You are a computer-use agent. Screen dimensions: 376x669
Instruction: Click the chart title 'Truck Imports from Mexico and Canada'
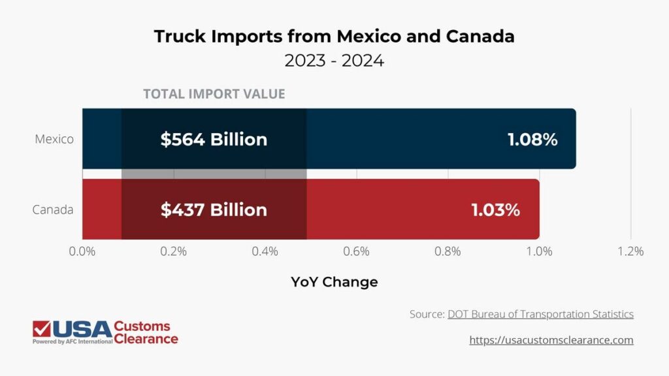[334, 36]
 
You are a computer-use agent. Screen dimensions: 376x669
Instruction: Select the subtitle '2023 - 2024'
[334, 61]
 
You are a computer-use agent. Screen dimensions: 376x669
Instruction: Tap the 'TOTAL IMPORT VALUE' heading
[214, 93]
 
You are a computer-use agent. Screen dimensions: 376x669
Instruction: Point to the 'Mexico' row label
[54, 139]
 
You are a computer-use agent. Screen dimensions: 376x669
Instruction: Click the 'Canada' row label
[53, 210]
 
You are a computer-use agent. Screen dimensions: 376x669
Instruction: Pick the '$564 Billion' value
[214, 140]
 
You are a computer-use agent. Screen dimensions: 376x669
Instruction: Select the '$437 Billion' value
[214, 210]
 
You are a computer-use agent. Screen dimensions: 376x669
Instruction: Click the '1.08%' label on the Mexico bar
[532, 140]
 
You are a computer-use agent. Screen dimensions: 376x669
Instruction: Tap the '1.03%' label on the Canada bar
[495, 210]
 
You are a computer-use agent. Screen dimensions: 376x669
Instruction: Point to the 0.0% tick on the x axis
[82, 251]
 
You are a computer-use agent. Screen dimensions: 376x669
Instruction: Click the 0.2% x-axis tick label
[174, 251]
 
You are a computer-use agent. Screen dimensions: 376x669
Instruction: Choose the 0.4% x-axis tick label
[265, 251]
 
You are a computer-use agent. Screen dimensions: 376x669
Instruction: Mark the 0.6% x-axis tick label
[357, 251]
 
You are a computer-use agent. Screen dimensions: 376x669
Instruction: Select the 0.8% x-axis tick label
[448, 251]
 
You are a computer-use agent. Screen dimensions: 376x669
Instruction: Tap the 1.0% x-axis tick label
[540, 251]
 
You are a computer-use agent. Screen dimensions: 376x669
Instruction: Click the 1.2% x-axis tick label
[630, 251]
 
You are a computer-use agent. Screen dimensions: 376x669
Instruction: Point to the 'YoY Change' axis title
[334, 282]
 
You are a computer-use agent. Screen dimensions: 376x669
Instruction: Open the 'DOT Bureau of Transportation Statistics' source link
[540, 314]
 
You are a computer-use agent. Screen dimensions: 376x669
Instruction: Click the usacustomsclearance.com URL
[551, 340]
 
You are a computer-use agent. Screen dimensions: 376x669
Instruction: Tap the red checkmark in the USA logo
[42, 329]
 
